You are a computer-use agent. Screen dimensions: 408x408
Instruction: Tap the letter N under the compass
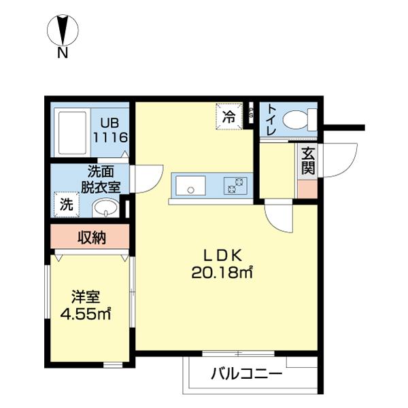point(62,52)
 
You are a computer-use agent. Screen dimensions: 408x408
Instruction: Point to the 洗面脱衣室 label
point(101,179)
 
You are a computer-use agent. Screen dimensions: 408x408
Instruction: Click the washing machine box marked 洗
point(66,203)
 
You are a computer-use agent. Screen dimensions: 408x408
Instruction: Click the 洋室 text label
point(87,298)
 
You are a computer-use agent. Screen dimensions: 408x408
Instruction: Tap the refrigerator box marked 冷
point(229,116)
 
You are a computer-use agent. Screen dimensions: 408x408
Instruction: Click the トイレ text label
point(271,120)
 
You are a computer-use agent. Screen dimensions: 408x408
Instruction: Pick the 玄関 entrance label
point(307,160)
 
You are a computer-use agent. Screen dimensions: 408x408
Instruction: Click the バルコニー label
point(246,373)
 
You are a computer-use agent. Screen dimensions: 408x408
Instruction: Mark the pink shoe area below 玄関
point(307,188)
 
